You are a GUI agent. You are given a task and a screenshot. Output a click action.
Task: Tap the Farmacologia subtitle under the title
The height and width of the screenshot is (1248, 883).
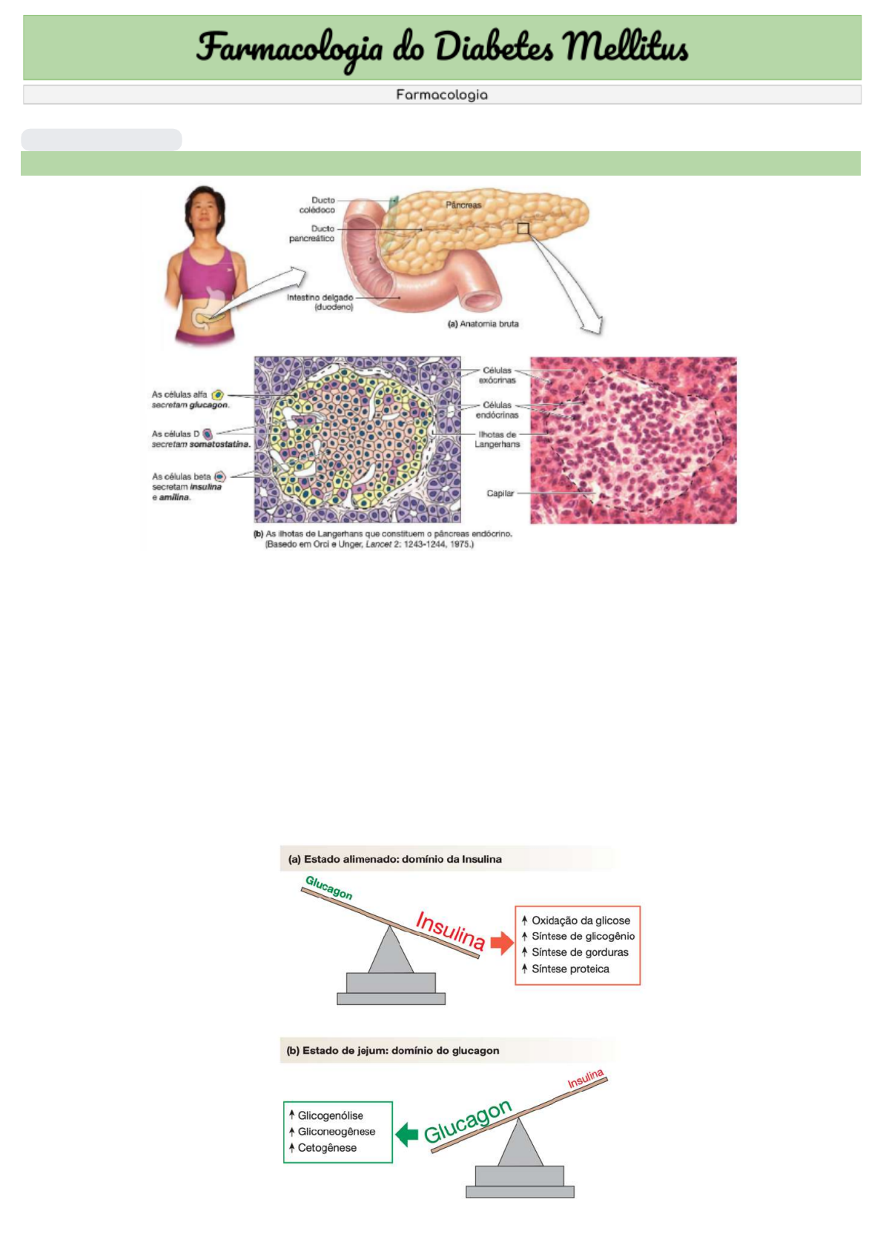pyautogui.click(x=441, y=95)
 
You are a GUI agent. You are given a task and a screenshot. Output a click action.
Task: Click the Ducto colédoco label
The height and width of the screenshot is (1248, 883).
pyautogui.click(x=318, y=205)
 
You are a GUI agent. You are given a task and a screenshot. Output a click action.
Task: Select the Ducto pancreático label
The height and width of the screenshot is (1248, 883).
pyautogui.click(x=312, y=233)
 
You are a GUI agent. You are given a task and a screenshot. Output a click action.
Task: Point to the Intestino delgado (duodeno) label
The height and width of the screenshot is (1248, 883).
pyautogui.click(x=320, y=302)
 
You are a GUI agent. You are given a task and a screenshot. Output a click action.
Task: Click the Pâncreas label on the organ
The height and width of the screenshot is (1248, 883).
pyautogui.click(x=463, y=205)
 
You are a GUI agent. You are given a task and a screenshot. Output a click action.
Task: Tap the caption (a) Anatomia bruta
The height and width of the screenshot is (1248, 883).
pyautogui.click(x=483, y=324)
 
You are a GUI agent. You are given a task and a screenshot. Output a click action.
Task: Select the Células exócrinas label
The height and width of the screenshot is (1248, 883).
pyautogui.click(x=497, y=375)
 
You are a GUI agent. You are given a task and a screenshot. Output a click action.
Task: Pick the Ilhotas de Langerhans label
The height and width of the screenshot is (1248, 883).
pyautogui.click(x=497, y=439)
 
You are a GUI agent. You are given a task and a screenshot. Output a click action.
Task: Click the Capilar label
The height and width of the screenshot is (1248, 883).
pyautogui.click(x=500, y=494)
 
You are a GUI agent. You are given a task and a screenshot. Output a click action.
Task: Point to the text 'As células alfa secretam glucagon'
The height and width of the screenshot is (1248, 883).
pyautogui.click(x=190, y=400)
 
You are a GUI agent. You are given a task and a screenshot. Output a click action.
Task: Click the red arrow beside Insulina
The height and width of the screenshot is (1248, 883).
pyautogui.click(x=503, y=943)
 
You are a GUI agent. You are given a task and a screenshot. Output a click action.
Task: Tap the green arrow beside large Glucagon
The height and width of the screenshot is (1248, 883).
pyautogui.click(x=407, y=1135)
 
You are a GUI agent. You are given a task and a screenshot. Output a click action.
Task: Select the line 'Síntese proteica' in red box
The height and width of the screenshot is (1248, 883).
pyautogui.click(x=570, y=969)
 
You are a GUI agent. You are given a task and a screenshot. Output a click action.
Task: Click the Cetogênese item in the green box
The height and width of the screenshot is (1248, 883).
pyautogui.click(x=327, y=1148)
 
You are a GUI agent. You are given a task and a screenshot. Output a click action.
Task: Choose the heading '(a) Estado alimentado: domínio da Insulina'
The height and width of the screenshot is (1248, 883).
pyautogui.click(x=395, y=860)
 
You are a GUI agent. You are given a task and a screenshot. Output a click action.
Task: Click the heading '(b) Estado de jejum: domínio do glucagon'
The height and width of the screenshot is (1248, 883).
pyautogui.click(x=393, y=1051)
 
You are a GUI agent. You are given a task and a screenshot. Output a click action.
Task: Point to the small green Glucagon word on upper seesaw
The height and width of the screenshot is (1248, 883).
pyautogui.click(x=329, y=888)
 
